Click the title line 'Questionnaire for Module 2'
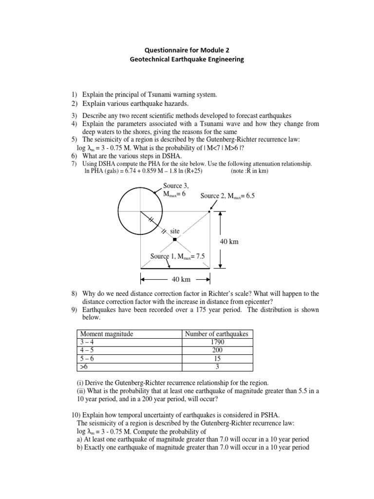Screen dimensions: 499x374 pyautogui.click(x=187, y=49)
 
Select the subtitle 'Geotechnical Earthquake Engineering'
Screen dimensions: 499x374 pyautogui.click(x=187, y=59)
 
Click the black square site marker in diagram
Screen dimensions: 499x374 pyautogui.click(x=175, y=239)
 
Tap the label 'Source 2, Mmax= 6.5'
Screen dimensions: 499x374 pyautogui.click(x=227, y=195)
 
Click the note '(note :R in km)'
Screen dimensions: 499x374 pyautogui.click(x=251, y=171)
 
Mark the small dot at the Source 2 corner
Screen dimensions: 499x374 pyautogui.click(x=209, y=212)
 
